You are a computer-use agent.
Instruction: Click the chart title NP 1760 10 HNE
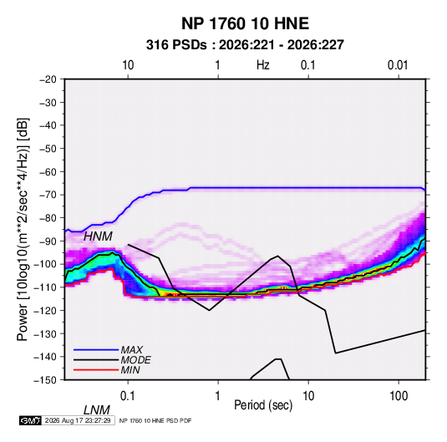[245, 23]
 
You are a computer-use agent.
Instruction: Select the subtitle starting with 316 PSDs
[245, 45]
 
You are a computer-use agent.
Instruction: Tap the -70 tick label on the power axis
[48, 195]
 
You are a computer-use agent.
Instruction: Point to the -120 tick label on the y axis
[45, 311]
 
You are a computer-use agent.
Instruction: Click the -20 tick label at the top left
[48, 79]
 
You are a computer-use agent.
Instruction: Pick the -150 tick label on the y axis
[45, 380]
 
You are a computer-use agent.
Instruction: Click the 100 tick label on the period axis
[399, 396]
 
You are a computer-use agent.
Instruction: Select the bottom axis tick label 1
[218, 396]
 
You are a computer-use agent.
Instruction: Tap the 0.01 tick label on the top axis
[398, 65]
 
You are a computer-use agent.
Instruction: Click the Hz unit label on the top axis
[263, 65]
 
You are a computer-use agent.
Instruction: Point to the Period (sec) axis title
[263, 405]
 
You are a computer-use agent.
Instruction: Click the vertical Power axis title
[23, 229]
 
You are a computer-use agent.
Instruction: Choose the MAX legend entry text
[132, 350]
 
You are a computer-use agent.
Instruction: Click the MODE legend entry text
[135, 360]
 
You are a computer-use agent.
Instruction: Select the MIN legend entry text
[130, 370]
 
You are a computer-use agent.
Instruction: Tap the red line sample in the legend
[96, 370]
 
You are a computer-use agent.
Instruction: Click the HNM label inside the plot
[98, 236]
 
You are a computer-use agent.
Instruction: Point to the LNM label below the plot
[96, 410]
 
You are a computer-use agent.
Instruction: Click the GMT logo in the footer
[30, 420]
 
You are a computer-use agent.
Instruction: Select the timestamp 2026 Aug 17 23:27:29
[78, 420]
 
